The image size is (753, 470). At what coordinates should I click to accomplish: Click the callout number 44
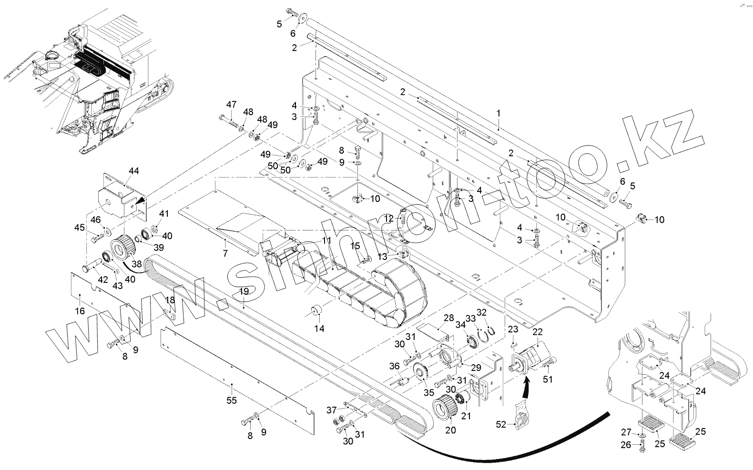pos(134,171)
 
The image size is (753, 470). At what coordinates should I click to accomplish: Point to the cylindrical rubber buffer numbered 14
pos(315,311)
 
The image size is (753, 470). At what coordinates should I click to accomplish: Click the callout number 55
pos(232,400)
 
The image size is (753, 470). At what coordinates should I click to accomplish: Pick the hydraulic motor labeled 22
pos(533,359)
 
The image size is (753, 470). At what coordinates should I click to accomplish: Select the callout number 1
pos(499,113)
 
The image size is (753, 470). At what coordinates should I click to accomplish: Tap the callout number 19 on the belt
pos(244,291)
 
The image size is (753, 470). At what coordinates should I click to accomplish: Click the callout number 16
pos(80,311)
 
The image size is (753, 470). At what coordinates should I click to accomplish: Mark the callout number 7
pos(225,254)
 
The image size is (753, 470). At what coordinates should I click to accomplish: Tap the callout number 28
pos(448,318)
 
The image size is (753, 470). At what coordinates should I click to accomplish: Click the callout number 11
pos(326,241)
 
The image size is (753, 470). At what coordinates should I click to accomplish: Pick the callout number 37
pos(331,410)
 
